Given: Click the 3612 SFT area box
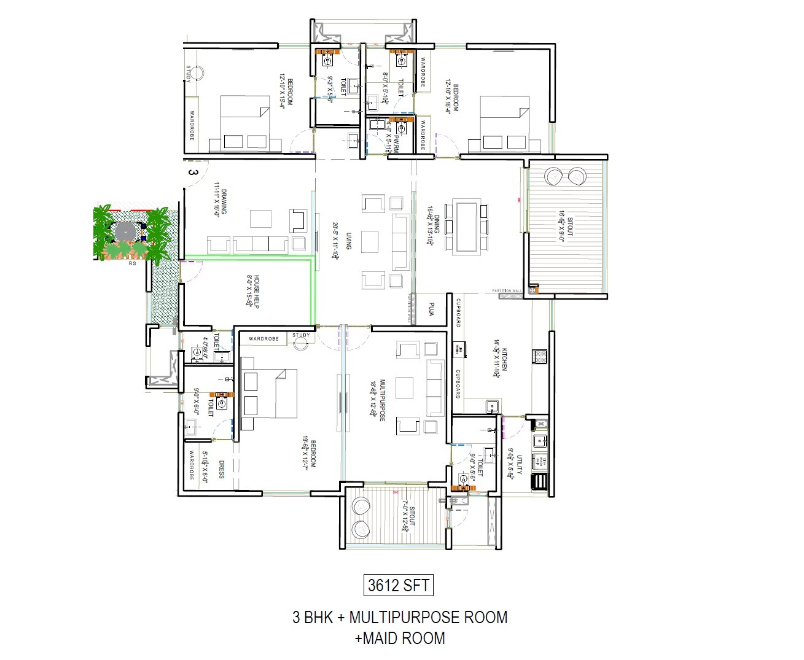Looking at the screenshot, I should tap(399, 584).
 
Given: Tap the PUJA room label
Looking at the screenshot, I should tap(432, 308).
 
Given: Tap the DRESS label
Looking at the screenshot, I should tap(221, 470).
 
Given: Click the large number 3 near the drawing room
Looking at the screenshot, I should tap(192, 173).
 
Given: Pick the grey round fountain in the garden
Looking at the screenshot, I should tap(123, 231).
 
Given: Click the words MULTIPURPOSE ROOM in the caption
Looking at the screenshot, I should tap(429, 617).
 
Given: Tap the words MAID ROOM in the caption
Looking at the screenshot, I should tap(404, 638).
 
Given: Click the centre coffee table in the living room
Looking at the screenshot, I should tap(370, 241).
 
